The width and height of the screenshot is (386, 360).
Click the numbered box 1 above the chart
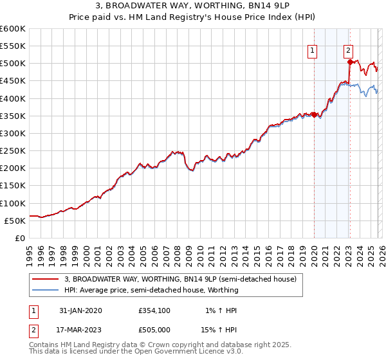[x=312, y=51]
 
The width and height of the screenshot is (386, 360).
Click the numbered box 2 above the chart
[x=348, y=51]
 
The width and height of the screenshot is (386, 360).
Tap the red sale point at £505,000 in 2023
[x=350, y=62]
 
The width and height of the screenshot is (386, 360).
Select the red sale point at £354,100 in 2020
[x=315, y=114]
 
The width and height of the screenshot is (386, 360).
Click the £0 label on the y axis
[x=20, y=238]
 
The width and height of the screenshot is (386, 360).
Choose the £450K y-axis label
[x=13, y=81]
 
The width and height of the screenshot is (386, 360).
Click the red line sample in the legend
[x=46, y=280]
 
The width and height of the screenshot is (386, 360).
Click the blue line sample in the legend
[x=46, y=290]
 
